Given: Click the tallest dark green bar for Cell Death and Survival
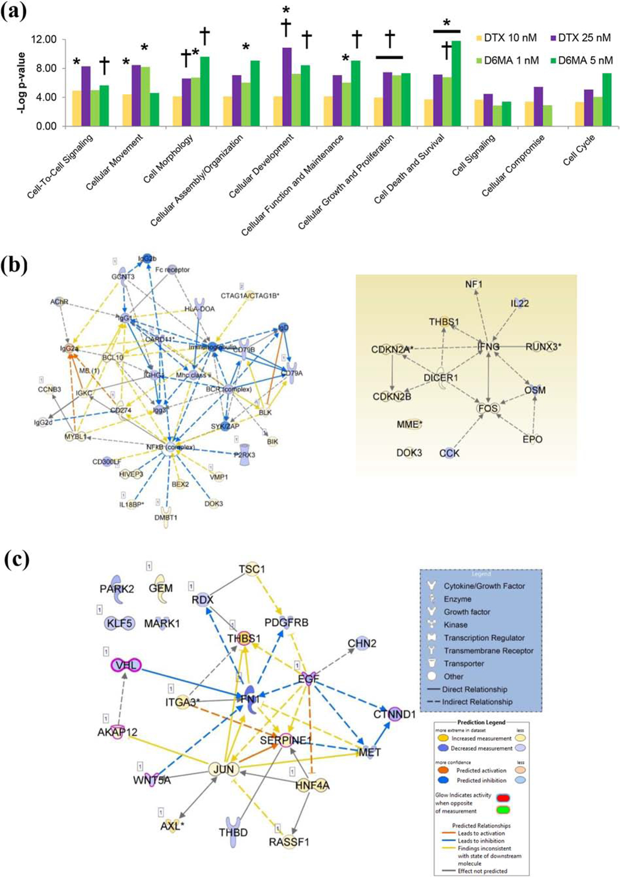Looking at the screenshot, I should click(x=456, y=83).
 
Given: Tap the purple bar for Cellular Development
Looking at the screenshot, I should click(x=287, y=87).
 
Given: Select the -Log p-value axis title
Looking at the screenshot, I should click(x=21, y=82).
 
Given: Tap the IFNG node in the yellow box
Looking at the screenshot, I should click(x=489, y=346).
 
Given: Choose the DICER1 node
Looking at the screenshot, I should click(x=441, y=378).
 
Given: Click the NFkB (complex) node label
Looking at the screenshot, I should click(x=171, y=448).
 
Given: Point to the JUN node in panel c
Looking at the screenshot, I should click(x=224, y=769).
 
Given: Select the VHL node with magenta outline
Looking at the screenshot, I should click(x=126, y=665).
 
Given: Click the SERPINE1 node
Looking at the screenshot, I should click(x=286, y=740).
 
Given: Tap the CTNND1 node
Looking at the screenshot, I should click(x=394, y=714).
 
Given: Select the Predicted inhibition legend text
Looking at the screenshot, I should click(x=481, y=781).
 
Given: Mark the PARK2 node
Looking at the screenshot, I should click(x=117, y=589).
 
